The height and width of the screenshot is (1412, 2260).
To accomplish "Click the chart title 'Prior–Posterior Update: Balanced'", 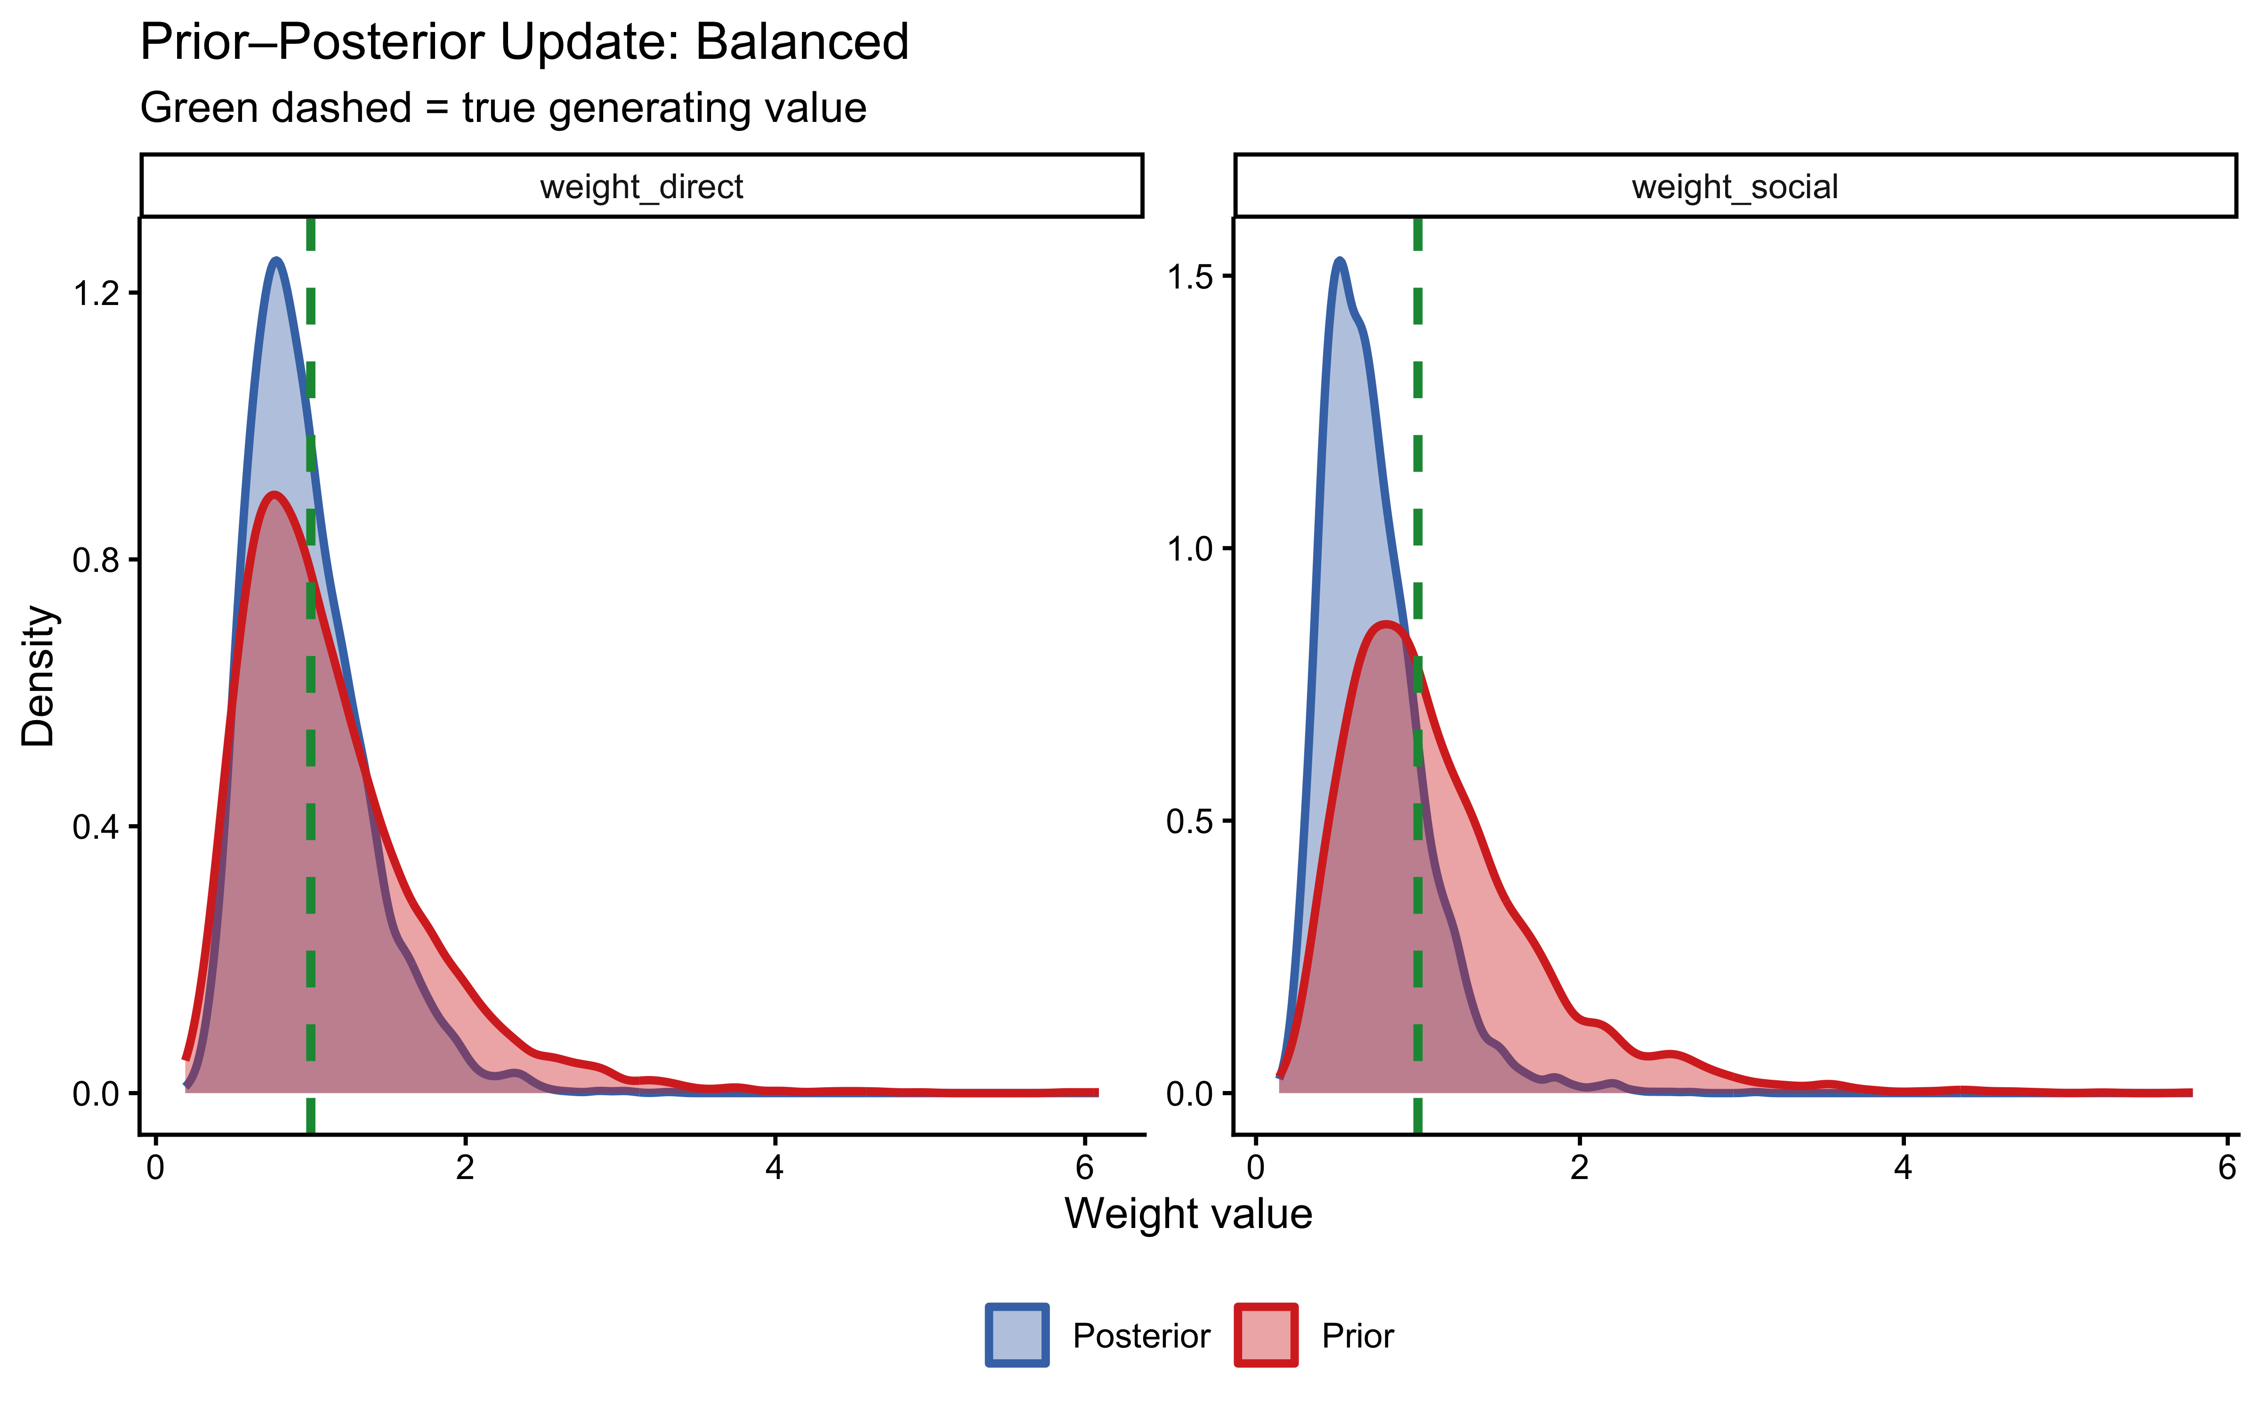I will pyautogui.click(x=524, y=43).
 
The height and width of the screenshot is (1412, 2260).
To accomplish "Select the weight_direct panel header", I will pyautogui.click(x=642, y=187).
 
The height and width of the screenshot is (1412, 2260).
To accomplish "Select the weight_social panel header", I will pyautogui.click(x=1734, y=187).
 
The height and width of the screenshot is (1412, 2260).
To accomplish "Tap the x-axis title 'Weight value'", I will pyautogui.click(x=1188, y=1214).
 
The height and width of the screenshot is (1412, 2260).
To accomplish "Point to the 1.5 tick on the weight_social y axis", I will pyautogui.click(x=1190, y=276).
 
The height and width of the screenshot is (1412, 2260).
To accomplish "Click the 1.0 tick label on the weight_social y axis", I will pyautogui.click(x=1190, y=549).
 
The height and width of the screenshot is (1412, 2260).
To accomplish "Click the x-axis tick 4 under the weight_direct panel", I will pyautogui.click(x=774, y=1167).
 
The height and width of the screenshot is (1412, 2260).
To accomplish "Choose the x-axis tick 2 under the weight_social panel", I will pyautogui.click(x=1579, y=1167).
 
